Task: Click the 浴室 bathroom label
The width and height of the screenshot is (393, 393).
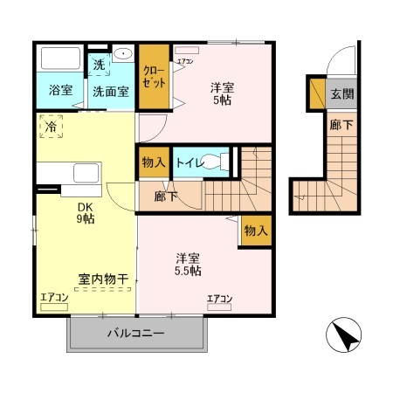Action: [60, 89]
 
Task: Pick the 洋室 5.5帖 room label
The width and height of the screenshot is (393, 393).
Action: [187, 265]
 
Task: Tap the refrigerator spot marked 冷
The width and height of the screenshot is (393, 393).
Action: [51, 127]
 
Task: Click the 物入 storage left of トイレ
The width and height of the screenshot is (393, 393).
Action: [152, 163]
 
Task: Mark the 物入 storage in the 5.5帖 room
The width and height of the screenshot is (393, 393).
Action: [255, 231]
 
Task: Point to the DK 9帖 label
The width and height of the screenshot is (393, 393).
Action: [85, 212]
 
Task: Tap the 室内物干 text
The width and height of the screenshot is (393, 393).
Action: [103, 279]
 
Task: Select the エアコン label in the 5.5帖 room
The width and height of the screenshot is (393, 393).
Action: [219, 300]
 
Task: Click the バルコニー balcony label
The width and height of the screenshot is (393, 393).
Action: [136, 333]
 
